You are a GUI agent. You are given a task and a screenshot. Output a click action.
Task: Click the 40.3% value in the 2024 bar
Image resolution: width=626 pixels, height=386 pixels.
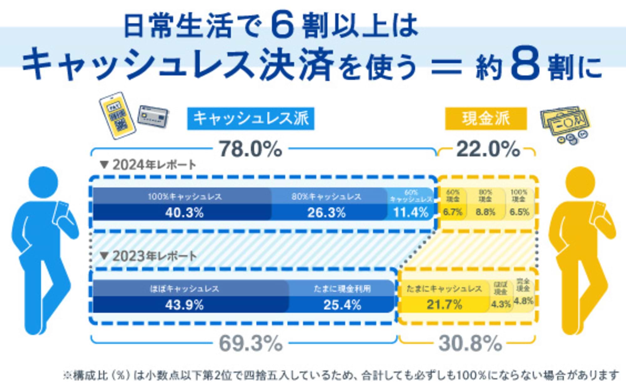(184, 213)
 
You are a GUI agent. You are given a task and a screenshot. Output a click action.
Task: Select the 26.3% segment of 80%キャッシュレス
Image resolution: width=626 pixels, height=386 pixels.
(326, 213)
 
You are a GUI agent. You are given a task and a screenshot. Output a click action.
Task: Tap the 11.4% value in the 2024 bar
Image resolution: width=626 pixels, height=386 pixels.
(411, 213)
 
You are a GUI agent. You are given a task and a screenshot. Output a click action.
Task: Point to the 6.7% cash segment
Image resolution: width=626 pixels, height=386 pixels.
(453, 212)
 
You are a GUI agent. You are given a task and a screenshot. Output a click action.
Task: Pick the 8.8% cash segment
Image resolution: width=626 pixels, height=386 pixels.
(485, 212)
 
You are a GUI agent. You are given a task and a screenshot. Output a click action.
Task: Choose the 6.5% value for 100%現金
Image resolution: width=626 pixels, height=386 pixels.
(519, 212)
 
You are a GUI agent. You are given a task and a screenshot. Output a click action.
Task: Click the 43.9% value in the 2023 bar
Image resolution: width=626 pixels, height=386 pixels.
(184, 305)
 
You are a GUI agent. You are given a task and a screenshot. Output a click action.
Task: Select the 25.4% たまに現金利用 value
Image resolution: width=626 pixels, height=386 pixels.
(342, 305)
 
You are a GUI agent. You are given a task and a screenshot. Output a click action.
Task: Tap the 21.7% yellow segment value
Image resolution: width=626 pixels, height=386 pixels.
(444, 304)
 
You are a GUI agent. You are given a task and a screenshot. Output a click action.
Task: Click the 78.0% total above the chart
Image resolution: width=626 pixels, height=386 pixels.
(250, 149)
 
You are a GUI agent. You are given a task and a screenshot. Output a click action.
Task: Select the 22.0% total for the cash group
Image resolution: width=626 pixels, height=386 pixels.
(488, 149)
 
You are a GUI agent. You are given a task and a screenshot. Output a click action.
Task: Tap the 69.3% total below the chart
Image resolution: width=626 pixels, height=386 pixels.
(250, 343)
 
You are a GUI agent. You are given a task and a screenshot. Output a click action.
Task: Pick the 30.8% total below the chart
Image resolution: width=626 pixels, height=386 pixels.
(470, 343)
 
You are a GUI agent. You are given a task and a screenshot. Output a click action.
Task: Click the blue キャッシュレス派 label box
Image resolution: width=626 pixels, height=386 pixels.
(251, 119)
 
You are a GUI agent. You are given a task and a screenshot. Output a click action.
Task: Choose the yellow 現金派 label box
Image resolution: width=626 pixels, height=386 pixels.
(486, 119)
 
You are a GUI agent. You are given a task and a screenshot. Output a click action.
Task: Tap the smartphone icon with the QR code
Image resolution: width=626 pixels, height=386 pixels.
(117, 115)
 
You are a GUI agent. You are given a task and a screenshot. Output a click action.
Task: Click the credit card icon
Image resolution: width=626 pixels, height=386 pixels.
(153, 116)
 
